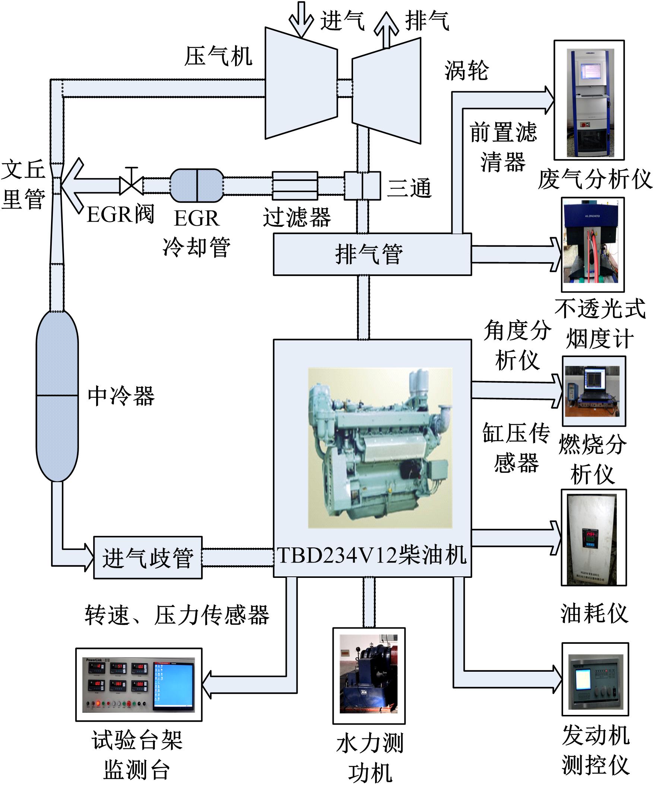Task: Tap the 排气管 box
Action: click(x=372, y=254)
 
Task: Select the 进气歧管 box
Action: click(x=148, y=557)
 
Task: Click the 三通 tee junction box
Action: click(x=362, y=185)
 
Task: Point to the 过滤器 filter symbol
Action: click(x=295, y=185)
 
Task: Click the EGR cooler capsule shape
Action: click(x=197, y=185)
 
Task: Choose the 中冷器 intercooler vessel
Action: click(x=57, y=396)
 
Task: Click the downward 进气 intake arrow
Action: click(x=301, y=19)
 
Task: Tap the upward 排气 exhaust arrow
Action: click(x=386, y=30)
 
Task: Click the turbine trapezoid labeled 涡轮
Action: click(x=386, y=90)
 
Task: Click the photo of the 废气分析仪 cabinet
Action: click(x=589, y=100)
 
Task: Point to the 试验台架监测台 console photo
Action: click(x=139, y=685)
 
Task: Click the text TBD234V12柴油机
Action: click(x=372, y=555)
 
